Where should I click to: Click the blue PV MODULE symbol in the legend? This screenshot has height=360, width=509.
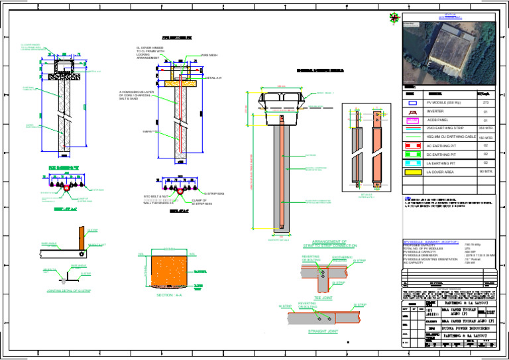click(x=412, y=103)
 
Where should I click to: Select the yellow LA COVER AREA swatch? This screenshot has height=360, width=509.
click(x=412, y=172)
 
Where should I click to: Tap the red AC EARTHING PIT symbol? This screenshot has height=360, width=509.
click(x=412, y=145)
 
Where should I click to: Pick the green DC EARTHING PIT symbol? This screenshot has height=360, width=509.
click(x=412, y=154)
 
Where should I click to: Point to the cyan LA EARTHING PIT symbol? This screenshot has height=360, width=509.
click(x=412, y=162)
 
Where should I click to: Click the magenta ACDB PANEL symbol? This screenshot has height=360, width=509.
click(x=412, y=121)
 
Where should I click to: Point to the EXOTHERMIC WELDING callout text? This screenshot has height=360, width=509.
click(x=342, y=259)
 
